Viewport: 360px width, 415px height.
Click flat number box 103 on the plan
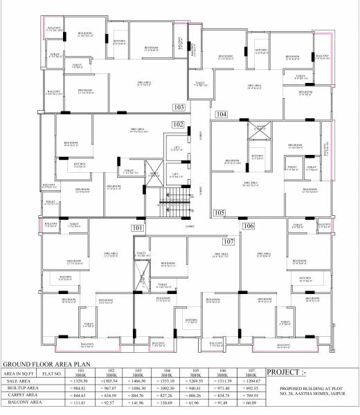click(179, 108)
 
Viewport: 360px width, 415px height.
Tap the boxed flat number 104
click(222, 113)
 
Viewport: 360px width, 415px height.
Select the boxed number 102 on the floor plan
click(178, 124)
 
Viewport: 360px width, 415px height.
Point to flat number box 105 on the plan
click(219, 213)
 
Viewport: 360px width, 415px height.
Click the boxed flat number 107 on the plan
click(228, 241)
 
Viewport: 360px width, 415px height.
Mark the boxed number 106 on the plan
click(248, 225)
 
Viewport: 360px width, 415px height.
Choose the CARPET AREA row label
click(22, 394)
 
